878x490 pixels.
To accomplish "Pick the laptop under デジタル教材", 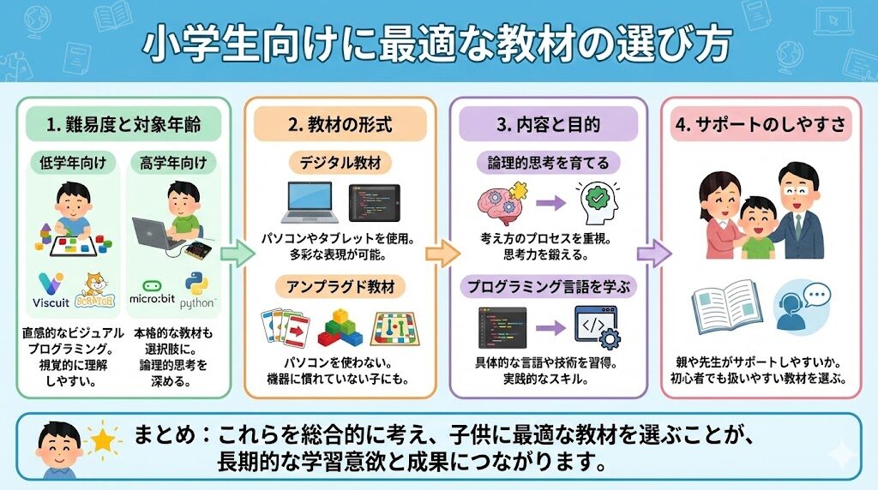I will [310, 205].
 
